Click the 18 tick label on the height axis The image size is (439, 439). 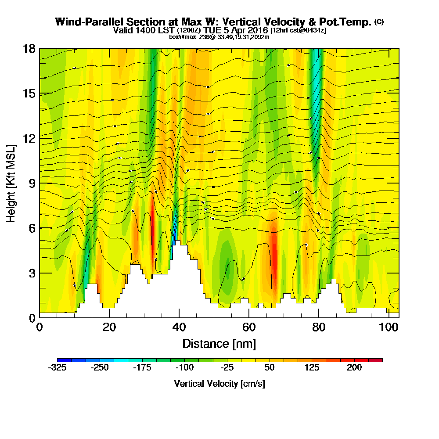pyautogui.click(x=29, y=48)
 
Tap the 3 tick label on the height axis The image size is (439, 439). pyautogui.click(x=32, y=273)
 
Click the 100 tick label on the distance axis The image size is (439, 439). pyautogui.click(x=388, y=327)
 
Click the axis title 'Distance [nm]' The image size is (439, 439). pyautogui.click(x=219, y=343)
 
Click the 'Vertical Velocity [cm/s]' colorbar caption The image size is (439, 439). pyautogui.click(x=219, y=384)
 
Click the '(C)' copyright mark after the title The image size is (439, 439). pyautogui.click(x=379, y=22)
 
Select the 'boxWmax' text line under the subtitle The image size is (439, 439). pyautogui.click(x=219, y=37)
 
